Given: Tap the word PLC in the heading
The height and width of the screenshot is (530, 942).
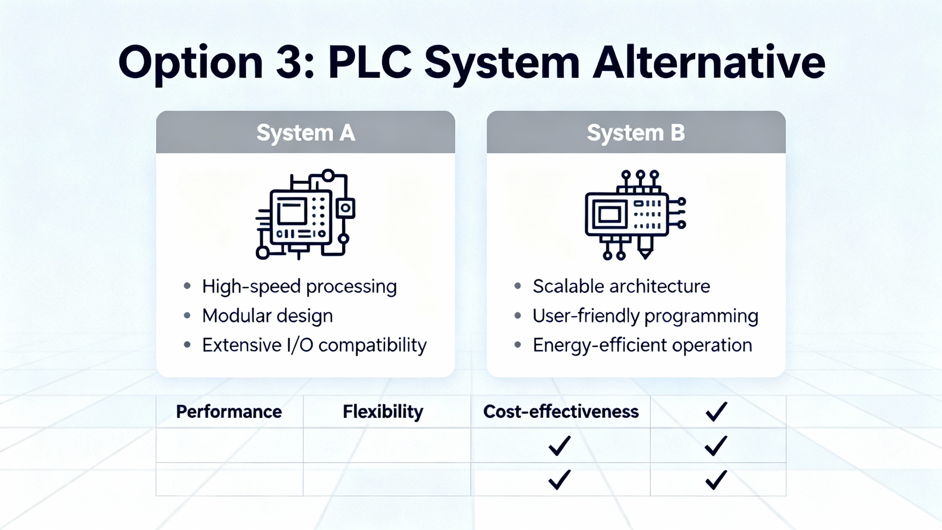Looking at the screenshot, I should point(369,63).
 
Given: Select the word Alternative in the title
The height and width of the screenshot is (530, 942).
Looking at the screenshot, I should point(708,63).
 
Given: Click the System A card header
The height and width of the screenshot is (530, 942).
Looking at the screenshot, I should point(305,132).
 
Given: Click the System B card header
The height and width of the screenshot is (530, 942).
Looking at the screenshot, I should point(636,132).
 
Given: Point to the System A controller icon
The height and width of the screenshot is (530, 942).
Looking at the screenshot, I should point(305,215).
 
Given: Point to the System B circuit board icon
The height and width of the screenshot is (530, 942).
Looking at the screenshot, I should point(635,215).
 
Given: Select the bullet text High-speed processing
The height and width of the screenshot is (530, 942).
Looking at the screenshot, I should point(299,287).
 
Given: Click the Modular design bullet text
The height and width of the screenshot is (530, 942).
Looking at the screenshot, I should point(267,316).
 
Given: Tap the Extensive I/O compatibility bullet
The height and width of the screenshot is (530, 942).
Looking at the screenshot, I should point(314,346).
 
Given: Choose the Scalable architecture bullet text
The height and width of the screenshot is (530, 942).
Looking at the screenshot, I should point(621,287).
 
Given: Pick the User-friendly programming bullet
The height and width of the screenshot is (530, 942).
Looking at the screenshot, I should point(645,316).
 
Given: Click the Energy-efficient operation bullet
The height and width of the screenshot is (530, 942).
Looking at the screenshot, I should point(642,346).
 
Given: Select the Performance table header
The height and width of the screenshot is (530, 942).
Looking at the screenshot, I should point(229,411).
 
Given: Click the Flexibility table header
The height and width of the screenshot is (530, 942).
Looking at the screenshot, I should point(383,411).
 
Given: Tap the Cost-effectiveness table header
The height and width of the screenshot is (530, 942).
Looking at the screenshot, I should point(561,411).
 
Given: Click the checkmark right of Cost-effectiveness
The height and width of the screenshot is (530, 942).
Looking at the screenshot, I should point(716,411).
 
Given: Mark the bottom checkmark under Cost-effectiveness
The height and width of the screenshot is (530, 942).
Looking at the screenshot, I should point(559,480).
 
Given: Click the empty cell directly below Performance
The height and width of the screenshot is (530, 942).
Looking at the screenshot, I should point(229,445).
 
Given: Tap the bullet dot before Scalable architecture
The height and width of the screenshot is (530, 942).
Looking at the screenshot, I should point(518,286).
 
